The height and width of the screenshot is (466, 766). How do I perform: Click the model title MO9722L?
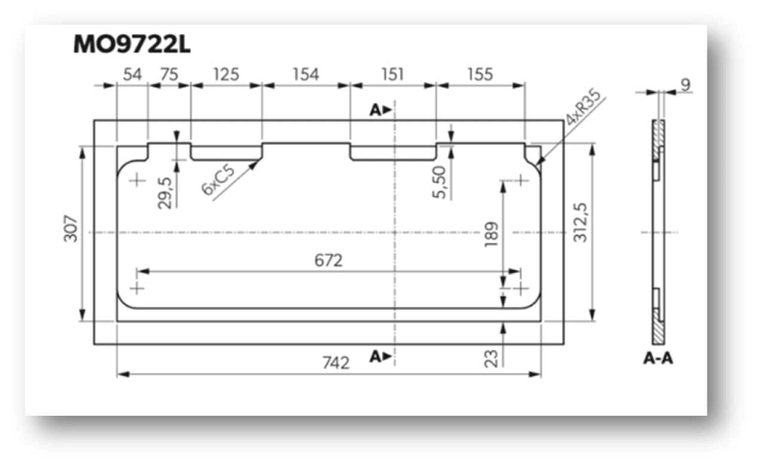coord(132,44)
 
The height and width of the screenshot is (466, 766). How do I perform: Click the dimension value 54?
coord(132,74)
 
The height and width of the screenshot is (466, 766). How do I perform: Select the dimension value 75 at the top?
coord(169,74)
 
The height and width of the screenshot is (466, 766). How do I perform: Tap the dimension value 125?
coord(226,74)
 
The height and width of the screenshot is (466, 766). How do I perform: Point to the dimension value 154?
coord(306,74)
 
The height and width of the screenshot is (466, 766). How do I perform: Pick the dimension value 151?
coord(393,74)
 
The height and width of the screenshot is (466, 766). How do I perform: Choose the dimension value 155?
coord(480,74)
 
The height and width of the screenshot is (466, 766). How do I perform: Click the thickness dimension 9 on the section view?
coord(685,85)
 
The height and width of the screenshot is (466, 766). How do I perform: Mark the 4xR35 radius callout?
coord(583,106)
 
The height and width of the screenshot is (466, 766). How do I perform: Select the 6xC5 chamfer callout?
coord(218,180)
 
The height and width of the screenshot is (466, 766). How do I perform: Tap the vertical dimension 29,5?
coord(165,193)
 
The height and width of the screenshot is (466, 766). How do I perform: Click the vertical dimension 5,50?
coord(439,182)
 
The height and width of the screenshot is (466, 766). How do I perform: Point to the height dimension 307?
coord(71,229)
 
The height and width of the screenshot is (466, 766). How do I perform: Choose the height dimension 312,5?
coord(580,223)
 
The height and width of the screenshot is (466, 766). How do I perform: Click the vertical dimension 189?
coord(492,234)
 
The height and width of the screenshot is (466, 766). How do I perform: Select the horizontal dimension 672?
coord(329,261)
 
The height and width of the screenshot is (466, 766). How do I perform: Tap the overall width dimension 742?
coord(336,363)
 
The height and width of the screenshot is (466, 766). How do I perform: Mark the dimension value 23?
coord(491,359)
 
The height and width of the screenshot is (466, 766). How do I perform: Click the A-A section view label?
coord(658,359)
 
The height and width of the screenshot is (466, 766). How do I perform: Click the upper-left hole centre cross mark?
coord(137,180)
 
